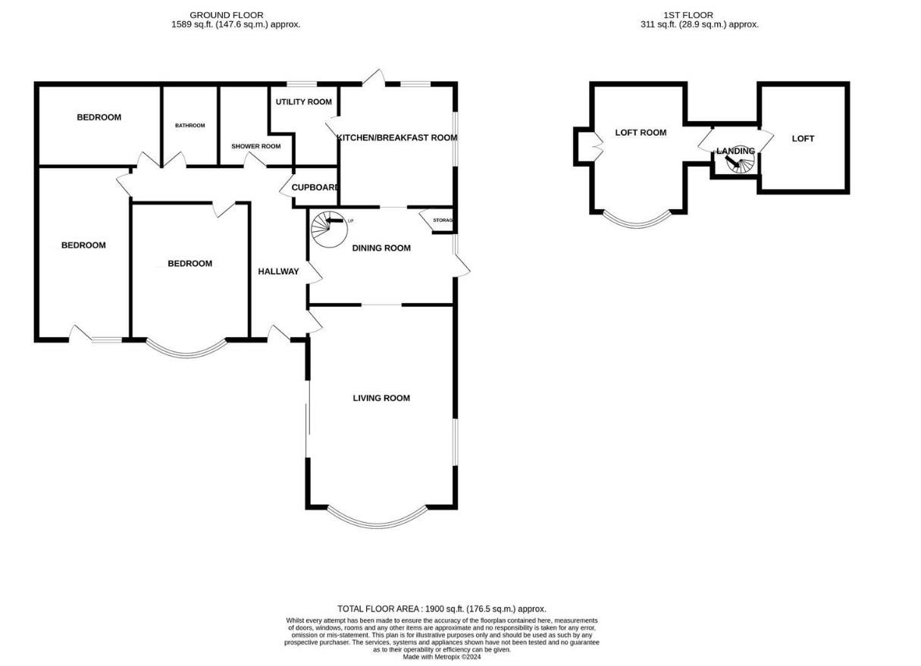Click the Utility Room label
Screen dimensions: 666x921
pyautogui.click(x=303, y=102)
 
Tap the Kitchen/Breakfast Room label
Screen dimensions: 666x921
pyautogui.click(x=396, y=138)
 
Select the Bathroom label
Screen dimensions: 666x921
pyautogui.click(x=190, y=126)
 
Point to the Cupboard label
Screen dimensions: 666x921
pyautogui.click(x=315, y=188)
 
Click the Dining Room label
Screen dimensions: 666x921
pyautogui.click(x=381, y=248)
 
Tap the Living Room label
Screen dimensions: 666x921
pyautogui.click(x=381, y=398)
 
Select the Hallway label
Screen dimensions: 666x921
pyautogui.click(x=278, y=271)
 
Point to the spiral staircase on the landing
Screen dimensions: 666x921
pyautogui.click(x=736, y=164)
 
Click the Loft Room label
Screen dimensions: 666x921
pyautogui.click(x=641, y=133)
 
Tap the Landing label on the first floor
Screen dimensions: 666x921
pyautogui.click(x=735, y=151)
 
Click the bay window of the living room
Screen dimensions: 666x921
pyautogui.click(x=378, y=519)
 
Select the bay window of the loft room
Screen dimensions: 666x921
pyautogui.click(x=639, y=221)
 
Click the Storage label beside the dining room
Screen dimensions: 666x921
pyautogui.click(x=443, y=220)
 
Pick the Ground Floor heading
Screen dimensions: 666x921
pyautogui.click(x=226, y=14)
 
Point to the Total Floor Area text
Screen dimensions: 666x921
pyautogui.click(x=441, y=608)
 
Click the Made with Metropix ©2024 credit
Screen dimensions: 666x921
pyautogui.click(x=441, y=657)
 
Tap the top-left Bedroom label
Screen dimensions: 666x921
pyautogui.click(x=99, y=117)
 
